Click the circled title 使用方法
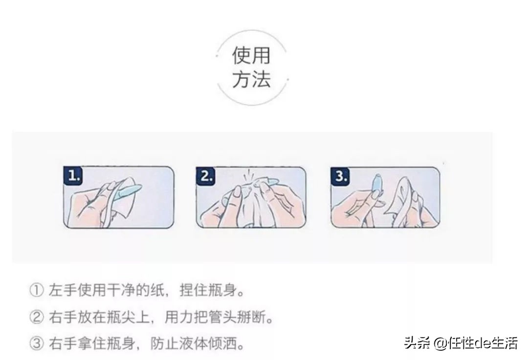(251, 67)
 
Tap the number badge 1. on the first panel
(74, 176)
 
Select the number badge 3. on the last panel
(341, 176)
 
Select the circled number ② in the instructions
(37, 318)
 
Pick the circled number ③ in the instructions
(37, 344)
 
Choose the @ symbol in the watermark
(440, 343)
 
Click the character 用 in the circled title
(261, 56)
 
